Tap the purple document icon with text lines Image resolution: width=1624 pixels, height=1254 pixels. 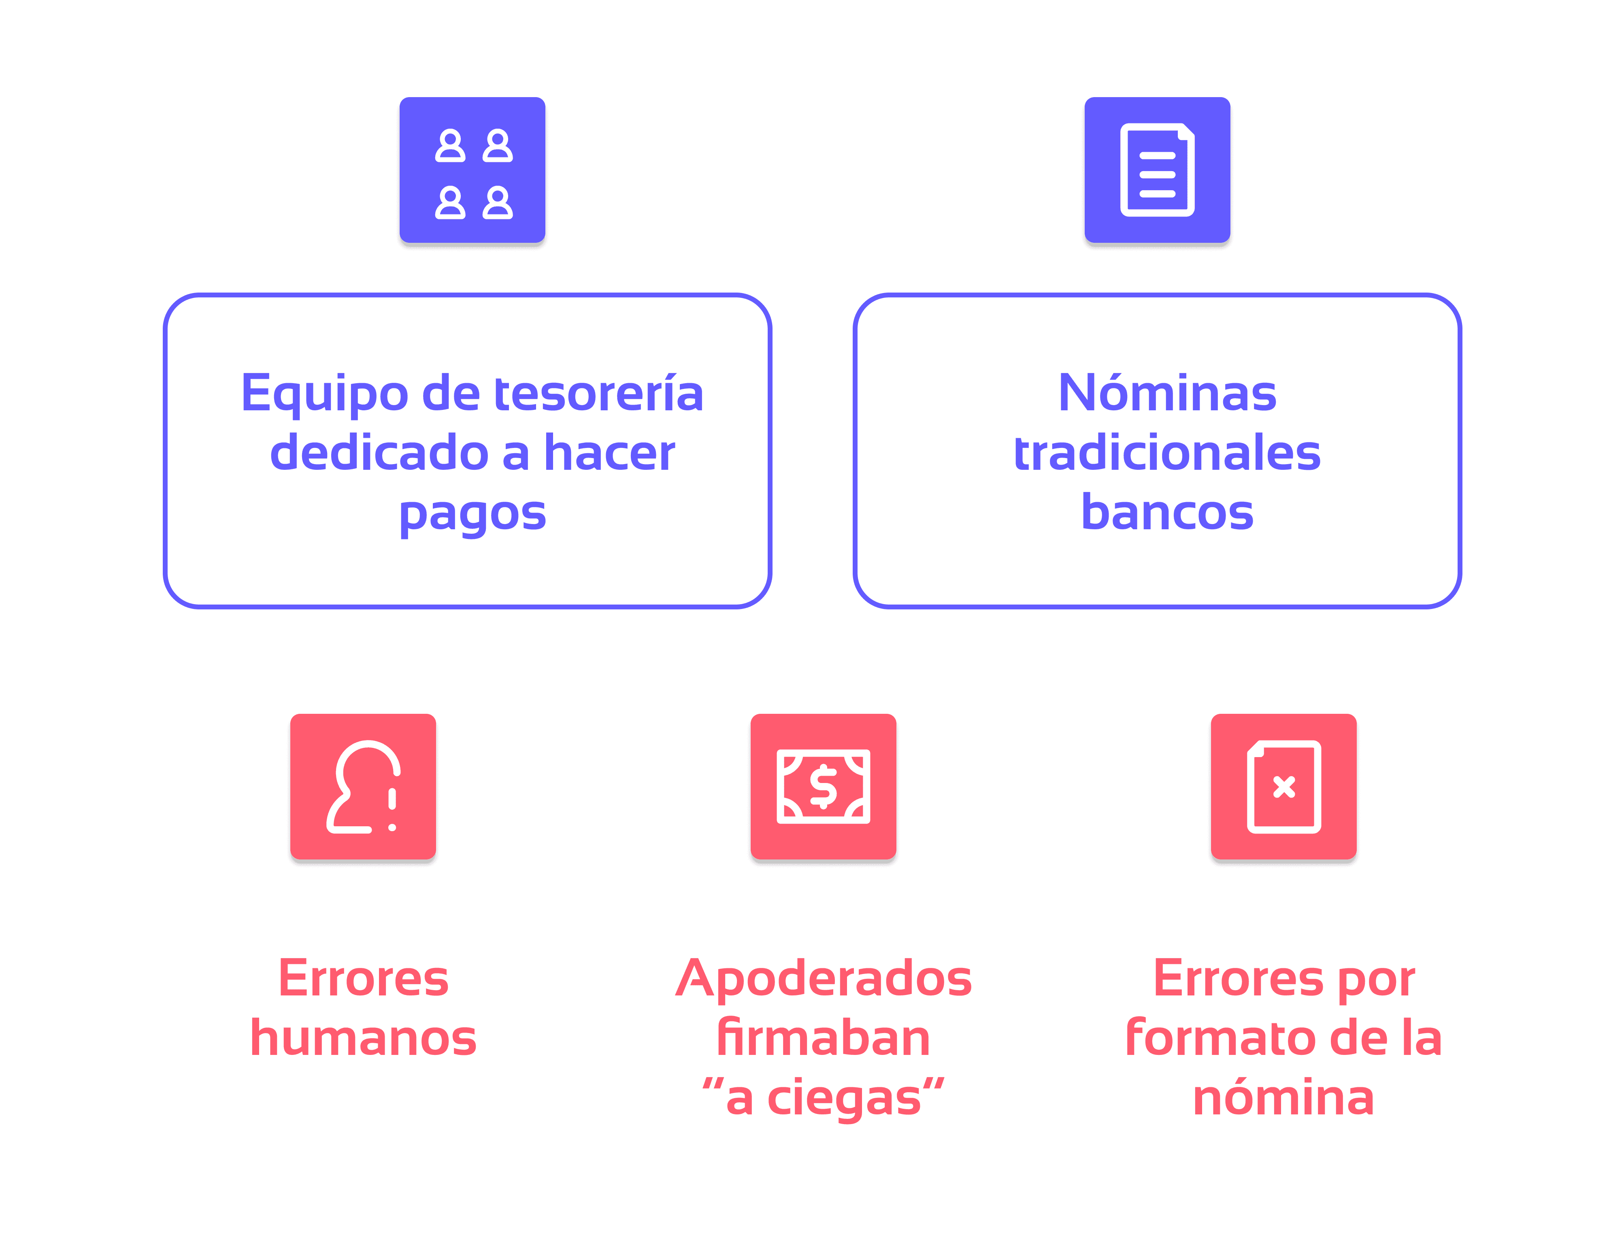point(1157,171)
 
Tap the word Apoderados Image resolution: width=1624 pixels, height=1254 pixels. point(823,979)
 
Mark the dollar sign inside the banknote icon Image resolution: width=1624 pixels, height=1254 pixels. point(823,787)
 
